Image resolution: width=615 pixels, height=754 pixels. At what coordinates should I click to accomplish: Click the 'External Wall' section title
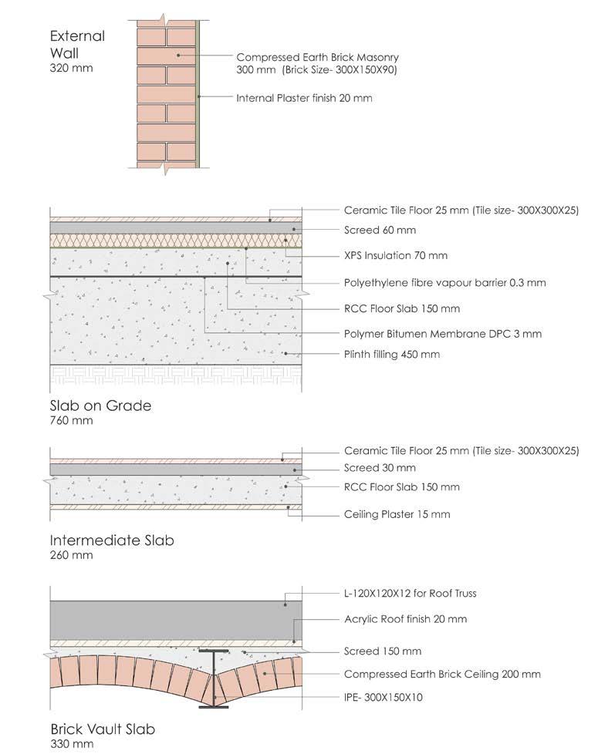pyautogui.click(x=77, y=45)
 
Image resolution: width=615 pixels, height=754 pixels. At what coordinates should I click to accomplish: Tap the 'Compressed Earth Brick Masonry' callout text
pyautogui.click(x=317, y=57)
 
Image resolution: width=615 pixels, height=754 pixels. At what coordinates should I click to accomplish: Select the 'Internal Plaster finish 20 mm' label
pyautogui.click(x=304, y=98)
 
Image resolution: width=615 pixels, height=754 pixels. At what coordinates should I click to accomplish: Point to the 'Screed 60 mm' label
pyautogui.click(x=380, y=230)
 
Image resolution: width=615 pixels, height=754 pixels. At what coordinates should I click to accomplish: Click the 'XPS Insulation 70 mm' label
pyautogui.click(x=395, y=255)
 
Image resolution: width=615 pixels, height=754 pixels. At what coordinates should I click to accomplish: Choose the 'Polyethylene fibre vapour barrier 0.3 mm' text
pyautogui.click(x=444, y=282)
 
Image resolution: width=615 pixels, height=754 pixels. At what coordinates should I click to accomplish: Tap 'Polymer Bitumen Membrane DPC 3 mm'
pyautogui.click(x=442, y=334)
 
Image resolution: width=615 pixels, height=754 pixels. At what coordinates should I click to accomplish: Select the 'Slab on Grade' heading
pyautogui.click(x=100, y=406)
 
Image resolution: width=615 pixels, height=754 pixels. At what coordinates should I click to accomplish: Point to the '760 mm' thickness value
pyautogui.click(x=71, y=421)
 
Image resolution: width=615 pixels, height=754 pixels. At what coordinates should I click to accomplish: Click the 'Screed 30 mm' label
pyautogui.click(x=380, y=468)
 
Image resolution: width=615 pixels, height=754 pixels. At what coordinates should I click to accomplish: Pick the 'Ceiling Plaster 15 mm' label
pyautogui.click(x=397, y=514)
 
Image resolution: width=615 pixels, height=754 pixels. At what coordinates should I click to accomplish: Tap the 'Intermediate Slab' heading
pyautogui.click(x=112, y=540)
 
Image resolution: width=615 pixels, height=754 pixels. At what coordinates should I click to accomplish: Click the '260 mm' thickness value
pyautogui.click(x=71, y=555)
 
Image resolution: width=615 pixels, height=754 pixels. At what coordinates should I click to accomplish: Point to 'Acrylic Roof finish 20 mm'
pyautogui.click(x=405, y=619)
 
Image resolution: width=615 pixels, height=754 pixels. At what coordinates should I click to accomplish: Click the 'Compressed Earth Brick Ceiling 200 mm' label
pyautogui.click(x=442, y=674)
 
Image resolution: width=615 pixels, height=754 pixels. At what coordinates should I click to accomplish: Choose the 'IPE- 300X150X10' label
pyautogui.click(x=384, y=698)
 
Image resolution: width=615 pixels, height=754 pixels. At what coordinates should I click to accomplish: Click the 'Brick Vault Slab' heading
pyautogui.click(x=106, y=729)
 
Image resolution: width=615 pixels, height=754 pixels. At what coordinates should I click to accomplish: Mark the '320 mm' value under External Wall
pyautogui.click(x=71, y=69)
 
